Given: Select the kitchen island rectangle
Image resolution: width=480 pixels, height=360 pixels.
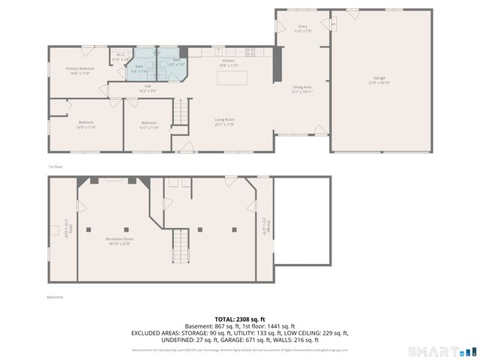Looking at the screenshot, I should point(232,77).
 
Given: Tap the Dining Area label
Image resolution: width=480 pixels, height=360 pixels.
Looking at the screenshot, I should point(302,89).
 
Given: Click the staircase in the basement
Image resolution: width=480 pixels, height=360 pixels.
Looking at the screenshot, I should point(181,244).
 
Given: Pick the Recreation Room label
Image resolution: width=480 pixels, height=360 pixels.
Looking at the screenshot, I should point(118,241).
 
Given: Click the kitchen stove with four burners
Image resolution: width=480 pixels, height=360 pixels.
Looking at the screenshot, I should point(250,52).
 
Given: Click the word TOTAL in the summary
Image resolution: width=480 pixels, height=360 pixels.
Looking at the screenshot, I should point(226,319).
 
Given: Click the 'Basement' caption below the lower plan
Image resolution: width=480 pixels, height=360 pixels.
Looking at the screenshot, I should point(55,297).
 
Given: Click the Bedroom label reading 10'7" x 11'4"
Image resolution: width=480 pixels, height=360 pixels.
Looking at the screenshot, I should point(149,124).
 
